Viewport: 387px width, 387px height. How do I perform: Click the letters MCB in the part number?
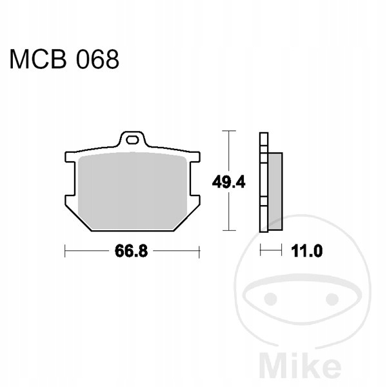(x=38, y=59)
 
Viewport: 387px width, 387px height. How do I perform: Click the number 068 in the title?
(x=97, y=59)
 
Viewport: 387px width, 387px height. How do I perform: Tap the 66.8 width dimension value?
(x=131, y=251)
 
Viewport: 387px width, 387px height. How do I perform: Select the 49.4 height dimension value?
(x=228, y=183)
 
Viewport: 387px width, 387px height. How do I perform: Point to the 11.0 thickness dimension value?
(x=307, y=251)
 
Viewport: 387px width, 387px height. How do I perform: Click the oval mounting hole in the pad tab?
(x=132, y=140)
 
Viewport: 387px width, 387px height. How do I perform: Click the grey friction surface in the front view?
(x=132, y=192)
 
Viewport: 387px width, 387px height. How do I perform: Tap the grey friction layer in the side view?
(x=275, y=192)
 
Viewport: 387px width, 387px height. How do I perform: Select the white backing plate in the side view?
(x=264, y=182)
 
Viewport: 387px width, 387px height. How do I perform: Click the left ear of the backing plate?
(x=70, y=157)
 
